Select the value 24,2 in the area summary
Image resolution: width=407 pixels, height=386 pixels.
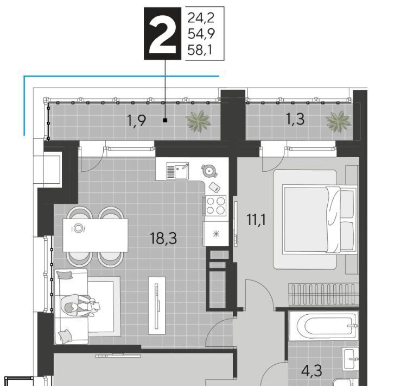click(201, 18)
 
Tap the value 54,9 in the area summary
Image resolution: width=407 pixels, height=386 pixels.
click(201, 34)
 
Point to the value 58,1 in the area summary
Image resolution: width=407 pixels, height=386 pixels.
click(200, 49)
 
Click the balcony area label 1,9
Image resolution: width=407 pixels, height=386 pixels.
click(136, 121)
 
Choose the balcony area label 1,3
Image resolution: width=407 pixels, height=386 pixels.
click(295, 120)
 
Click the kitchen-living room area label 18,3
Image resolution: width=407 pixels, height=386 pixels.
click(163, 238)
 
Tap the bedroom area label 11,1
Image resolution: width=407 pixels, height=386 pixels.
click(256, 220)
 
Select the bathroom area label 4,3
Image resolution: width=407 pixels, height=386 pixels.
click(311, 371)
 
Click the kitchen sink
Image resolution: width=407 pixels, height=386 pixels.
click(177, 171)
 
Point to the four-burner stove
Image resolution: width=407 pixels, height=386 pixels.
click(215, 206)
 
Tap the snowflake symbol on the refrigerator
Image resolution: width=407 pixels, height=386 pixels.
click(215, 234)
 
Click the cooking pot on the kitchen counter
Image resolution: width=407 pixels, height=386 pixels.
click(209, 171)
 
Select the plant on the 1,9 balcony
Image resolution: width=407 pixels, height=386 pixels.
click(198, 121)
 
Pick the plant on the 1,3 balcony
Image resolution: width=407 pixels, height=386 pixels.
click(338, 121)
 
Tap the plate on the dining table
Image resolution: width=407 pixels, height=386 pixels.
click(78, 228)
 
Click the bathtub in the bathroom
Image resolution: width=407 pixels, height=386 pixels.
click(323, 326)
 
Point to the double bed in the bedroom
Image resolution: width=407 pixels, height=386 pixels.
click(319, 219)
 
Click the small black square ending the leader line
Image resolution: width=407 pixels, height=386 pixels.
click(165, 120)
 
